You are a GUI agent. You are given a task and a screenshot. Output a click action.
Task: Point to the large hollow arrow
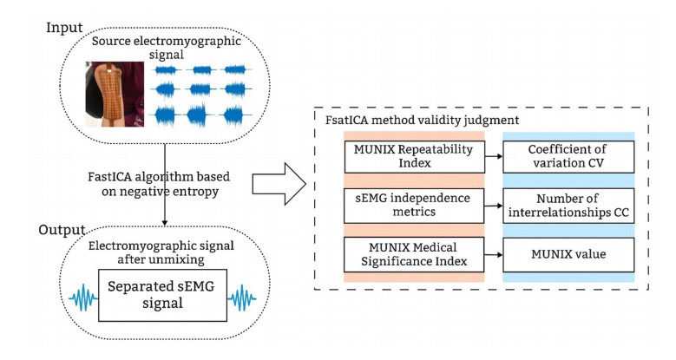tap(276, 183)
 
